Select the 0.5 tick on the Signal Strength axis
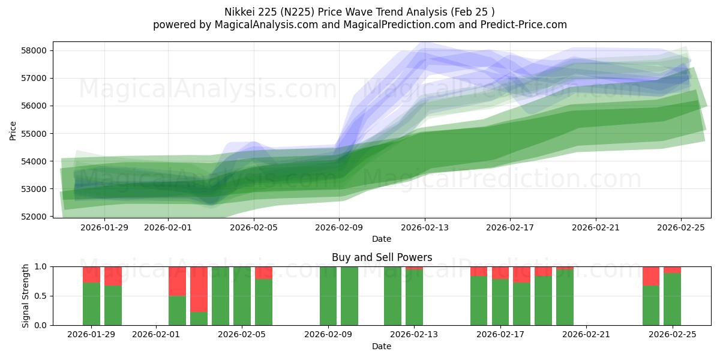click(40, 296)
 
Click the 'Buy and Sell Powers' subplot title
click(382, 257)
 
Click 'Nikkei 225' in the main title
click(251, 12)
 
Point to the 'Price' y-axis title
click(13, 130)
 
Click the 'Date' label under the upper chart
click(382, 239)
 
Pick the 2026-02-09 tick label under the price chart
click(339, 227)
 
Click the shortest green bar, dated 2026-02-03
click(199, 319)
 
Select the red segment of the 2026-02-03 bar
click(199, 289)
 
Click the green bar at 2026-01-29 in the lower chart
click(91, 304)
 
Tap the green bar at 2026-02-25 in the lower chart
click(672, 299)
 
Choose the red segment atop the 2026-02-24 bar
click(651, 276)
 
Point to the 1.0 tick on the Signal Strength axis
click(40, 266)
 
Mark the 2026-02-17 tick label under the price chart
click(510, 227)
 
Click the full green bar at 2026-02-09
click(328, 296)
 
